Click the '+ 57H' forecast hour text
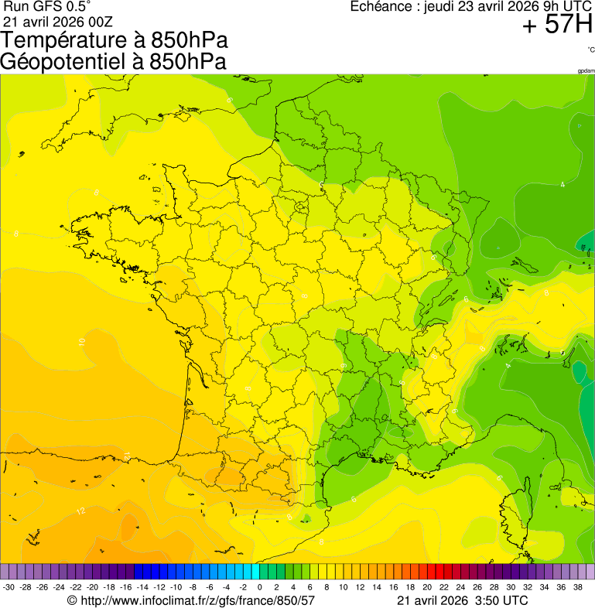557,25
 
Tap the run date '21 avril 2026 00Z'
58,21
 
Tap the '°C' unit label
590,50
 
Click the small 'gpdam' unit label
586,70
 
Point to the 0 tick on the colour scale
259,587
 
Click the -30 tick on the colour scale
9,587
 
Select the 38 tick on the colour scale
577,587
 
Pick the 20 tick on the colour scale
426,587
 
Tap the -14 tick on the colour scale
142,587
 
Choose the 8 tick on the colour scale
327,587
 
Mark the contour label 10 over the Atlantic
81,340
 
